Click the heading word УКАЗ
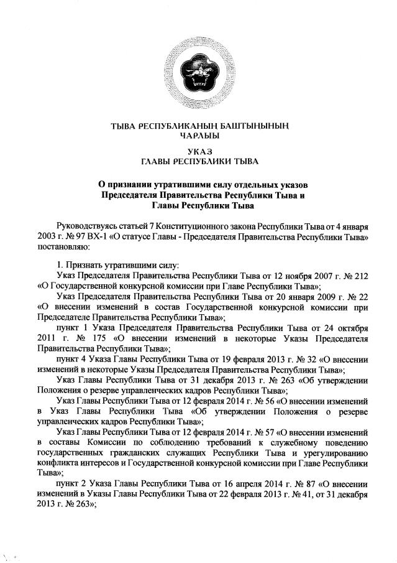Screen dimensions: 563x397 tap(199, 151)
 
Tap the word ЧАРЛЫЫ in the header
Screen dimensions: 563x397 tap(199, 136)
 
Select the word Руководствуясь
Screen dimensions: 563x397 tap(88, 225)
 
